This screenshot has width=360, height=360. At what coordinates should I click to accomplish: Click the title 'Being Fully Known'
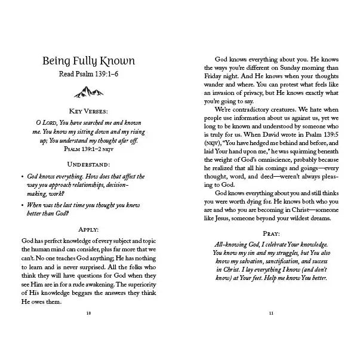[x=88, y=61]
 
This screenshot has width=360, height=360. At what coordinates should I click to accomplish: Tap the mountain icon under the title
[x=88, y=91]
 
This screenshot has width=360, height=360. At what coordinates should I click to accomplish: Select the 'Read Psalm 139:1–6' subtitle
[x=88, y=75]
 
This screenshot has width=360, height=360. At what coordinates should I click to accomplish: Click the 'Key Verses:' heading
[x=88, y=111]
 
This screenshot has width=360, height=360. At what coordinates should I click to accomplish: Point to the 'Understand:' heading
[x=88, y=163]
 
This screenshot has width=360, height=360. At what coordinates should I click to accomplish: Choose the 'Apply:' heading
[x=88, y=229]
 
